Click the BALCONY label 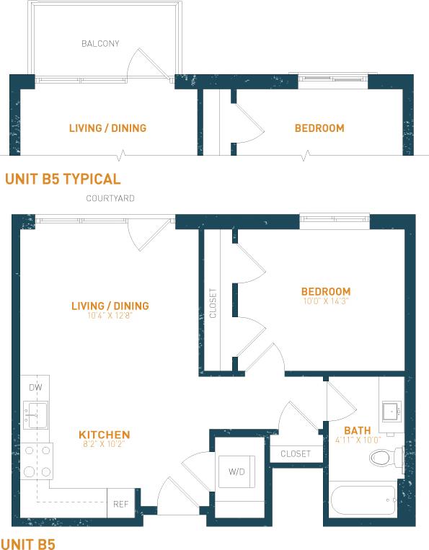(x=100, y=43)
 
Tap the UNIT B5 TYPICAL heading (x=63, y=179)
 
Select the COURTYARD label (x=110, y=198)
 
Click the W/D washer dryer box (x=236, y=472)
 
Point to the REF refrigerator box (x=120, y=504)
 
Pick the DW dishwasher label (x=35, y=388)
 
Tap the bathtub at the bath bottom (x=361, y=499)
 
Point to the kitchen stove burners (x=36, y=461)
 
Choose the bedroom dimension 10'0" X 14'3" (x=326, y=301)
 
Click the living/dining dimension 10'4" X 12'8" (x=110, y=316)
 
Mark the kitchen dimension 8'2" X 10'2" (x=104, y=445)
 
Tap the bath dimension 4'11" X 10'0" (x=358, y=441)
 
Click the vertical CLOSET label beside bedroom (x=213, y=303)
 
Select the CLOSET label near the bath (x=296, y=454)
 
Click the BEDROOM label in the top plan (x=319, y=128)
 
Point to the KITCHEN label (x=104, y=435)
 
